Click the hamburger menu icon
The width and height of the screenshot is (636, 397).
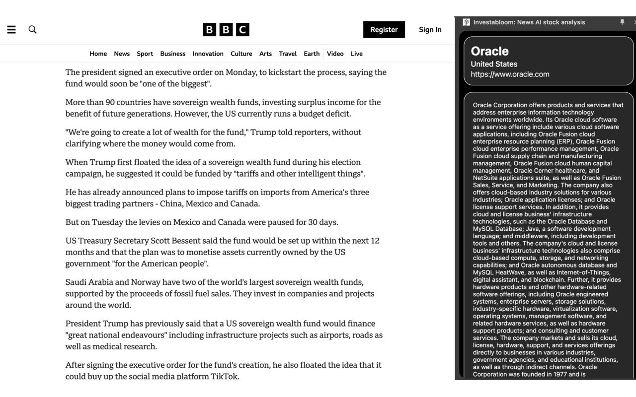(x=11, y=30)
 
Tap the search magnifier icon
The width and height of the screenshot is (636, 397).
(x=33, y=30)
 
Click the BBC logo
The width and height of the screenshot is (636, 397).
(x=226, y=30)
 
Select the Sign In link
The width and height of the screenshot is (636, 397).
(x=430, y=30)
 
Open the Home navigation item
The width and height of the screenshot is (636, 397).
(x=98, y=54)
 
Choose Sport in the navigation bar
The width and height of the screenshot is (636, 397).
(x=145, y=54)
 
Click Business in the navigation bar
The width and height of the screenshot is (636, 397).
(x=173, y=54)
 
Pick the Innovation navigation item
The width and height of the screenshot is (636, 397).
(x=208, y=54)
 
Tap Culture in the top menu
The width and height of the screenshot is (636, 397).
(x=241, y=54)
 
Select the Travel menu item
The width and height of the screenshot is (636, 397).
(x=288, y=54)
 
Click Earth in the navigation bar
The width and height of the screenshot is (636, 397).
(x=312, y=54)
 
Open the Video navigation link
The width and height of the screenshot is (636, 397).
(x=335, y=54)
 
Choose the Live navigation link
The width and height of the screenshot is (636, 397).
(x=357, y=54)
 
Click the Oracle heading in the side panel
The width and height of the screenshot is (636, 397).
(x=489, y=51)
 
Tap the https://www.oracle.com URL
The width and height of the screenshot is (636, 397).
(x=510, y=74)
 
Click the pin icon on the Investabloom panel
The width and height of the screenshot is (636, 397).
(x=622, y=22)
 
